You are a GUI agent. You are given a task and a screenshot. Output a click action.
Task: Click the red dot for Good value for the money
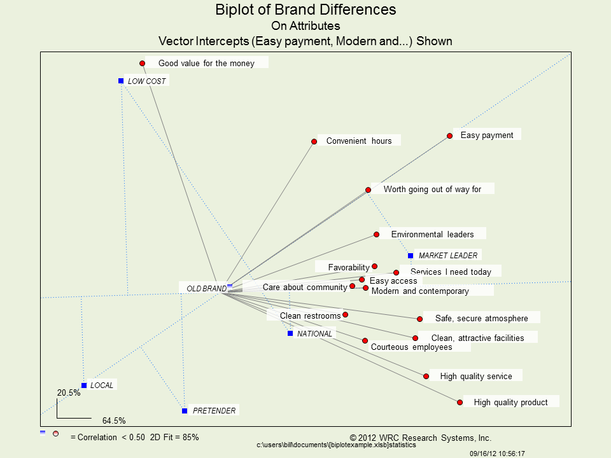point(143,63)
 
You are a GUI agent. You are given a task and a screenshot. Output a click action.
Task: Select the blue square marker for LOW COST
point(121,81)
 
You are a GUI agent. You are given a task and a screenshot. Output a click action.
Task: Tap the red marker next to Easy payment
point(449,135)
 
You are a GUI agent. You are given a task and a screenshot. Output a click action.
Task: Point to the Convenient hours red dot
point(314,141)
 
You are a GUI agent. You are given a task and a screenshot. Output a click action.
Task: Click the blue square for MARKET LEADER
point(411,256)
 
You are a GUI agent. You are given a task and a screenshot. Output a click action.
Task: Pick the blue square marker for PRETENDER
point(185,411)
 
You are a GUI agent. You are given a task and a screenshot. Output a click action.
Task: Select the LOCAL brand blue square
point(84,385)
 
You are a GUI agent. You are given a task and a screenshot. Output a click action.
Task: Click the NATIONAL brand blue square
point(290,333)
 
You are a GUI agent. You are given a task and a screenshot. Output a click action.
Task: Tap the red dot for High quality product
point(460,402)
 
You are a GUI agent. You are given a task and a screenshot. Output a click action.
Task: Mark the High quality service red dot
point(426,376)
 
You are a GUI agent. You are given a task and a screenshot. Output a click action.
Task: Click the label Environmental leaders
point(432,234)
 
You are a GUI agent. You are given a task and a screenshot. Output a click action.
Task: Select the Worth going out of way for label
point(432,190)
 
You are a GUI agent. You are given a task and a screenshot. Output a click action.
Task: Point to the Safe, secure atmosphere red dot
point(420,319)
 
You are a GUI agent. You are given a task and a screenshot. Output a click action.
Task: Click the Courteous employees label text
point(411,347)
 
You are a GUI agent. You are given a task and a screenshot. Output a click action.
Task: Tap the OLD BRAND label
point(206,289)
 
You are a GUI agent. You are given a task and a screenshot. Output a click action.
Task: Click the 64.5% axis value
point(114,421)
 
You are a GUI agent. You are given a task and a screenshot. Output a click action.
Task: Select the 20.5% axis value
point(69,392)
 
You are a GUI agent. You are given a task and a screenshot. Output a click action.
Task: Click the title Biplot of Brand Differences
point(305,10)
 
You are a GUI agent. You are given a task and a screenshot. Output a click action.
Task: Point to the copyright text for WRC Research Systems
point(421,438)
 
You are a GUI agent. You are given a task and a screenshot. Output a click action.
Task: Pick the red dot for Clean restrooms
point(346,314)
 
